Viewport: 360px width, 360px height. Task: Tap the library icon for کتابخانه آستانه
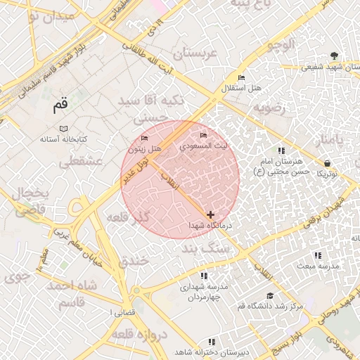[64, 129]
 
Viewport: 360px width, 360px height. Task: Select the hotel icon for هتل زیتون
[145, 138]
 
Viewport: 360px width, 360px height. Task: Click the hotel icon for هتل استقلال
[242, 77]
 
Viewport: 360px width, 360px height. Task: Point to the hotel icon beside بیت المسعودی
[204, 135]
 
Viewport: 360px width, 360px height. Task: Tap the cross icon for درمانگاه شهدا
[211, 214]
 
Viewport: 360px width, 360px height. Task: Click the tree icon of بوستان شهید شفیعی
[333, 57]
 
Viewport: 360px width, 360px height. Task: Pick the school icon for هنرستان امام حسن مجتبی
[282, 150]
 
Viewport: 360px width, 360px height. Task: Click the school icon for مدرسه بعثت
[317, 255]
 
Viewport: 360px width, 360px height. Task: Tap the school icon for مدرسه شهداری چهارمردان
[204, 276]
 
